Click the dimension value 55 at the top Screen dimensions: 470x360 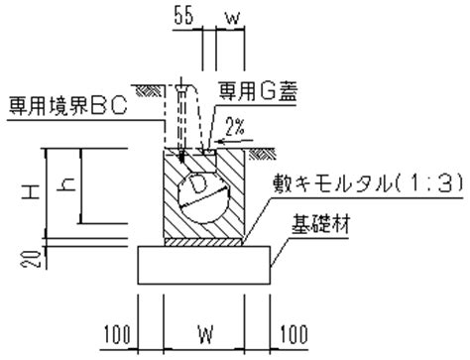point(183,16)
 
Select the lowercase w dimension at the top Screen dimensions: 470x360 point(233,19)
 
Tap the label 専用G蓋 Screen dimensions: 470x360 point(259,91)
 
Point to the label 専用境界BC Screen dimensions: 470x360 point(67,106)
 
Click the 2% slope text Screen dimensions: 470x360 point(235,126)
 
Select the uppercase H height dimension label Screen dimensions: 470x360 point(31,191)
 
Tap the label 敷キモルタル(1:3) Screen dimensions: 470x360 point(368,183)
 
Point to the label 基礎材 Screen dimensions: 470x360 point(320,224)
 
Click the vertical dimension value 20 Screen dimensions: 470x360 point(32,259)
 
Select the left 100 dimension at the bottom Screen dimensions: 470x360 point(117,334)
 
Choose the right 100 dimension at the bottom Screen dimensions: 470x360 point(294,334)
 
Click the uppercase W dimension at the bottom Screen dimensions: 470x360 point(205,334)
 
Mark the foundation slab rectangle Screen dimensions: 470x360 point(204,265)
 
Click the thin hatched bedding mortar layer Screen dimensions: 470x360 point(203,242)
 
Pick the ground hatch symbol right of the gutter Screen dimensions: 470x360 point(262,154)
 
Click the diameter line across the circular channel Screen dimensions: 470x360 point(204,197)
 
